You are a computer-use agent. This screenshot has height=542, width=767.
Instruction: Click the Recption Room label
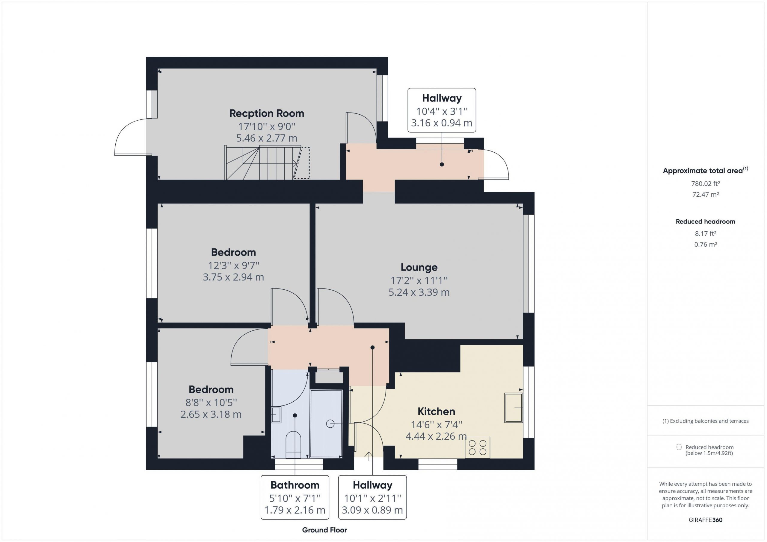click(267, 113)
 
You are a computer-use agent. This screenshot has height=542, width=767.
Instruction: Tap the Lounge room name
click(419, 267)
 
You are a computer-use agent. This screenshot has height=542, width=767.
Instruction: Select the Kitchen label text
click(436, 411)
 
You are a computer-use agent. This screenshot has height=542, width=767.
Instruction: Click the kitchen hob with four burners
click(477, 447)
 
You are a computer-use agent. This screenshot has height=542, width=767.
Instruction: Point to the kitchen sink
click(514, 408)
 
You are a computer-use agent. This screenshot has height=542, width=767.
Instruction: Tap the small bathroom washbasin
click(276, 415)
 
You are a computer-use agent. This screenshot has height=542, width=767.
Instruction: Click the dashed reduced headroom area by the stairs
click(302, 163)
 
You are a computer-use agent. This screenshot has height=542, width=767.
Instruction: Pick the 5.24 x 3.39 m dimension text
click(419, 292)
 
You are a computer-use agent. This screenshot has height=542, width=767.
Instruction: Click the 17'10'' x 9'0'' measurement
click(267, 127)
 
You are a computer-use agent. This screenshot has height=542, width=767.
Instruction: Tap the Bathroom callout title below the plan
click(295, 485)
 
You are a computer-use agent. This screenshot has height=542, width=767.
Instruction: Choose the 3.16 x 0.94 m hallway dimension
click(442, 123)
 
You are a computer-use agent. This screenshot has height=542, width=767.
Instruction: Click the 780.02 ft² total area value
click(706, 183)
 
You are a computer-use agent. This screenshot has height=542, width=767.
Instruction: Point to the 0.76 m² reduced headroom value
click(706, 244)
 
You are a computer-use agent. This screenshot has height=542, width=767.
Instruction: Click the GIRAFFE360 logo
click(706, 520)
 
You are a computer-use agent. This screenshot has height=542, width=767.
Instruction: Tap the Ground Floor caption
click(324, 530)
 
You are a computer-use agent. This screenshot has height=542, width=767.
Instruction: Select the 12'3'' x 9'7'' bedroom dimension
click(233, 266)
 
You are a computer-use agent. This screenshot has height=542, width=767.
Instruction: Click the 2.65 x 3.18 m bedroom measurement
click(211, 415)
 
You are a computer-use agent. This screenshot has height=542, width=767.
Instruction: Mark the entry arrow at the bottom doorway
click(369, 456)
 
